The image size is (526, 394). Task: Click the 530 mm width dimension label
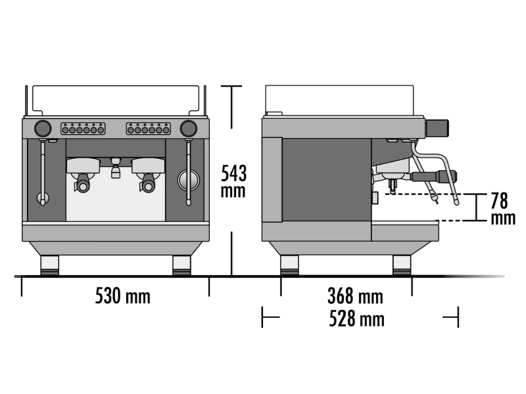(x=123, y=296)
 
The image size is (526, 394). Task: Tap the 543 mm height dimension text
(x=233, y=182)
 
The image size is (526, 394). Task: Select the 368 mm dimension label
(x=355, y=296)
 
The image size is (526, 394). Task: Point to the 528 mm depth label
(x=356, y=318)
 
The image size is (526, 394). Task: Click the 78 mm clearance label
(x=502, y=209)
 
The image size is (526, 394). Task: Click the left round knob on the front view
(x=43, y=128)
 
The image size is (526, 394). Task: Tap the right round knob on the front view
(x=189, y=128)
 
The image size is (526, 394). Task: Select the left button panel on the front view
(x=83, y=129)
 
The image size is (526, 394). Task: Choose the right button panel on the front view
(x=149, y=129)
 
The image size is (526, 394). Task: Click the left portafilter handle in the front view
(x=83, y=183)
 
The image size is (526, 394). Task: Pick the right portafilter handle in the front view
(x=147, y=183)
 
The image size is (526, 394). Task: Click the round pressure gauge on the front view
(x=188, y=179)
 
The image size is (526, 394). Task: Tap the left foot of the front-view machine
(x=50, y=265)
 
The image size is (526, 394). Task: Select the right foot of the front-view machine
(x=181, y=265)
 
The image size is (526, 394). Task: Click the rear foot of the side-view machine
(x=289, y=265)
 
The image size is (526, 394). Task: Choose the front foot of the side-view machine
(x=402, y=265)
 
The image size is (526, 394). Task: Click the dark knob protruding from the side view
(x=437, y=128)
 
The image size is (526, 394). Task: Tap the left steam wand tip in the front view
(x=43, y=201)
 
